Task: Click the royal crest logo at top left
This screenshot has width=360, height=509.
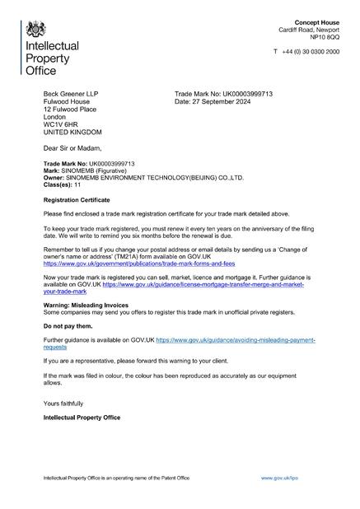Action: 35,30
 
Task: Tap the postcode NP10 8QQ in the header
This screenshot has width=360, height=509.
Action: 324,37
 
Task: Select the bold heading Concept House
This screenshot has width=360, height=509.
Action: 317,21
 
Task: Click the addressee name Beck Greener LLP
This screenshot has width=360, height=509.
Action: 70,94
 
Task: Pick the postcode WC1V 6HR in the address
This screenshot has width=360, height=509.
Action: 58,124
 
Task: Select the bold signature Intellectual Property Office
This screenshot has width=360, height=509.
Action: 82,418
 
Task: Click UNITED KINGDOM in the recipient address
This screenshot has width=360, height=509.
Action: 72,132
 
